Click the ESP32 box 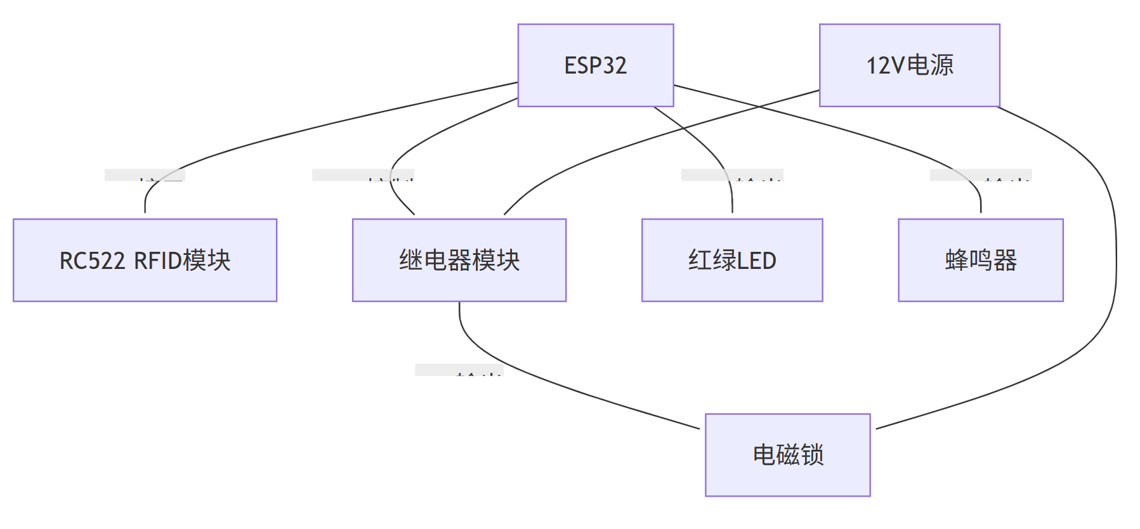pyautogui.click(x=595, y=65)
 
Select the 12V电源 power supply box pyautogui.click(x=909, y=65)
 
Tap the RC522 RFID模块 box pyautogui.click(x=145, y=260)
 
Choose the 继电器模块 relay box pyautogui.click(x=459, y=260)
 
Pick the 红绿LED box pyautogui.click(x=732, y=260)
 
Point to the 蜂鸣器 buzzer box pyautogui.click(x=980, y=260)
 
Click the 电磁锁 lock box pyautogui.click(x=787, y=455)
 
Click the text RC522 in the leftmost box pyautogui.click(x=92, y=261)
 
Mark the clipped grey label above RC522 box pyautogui.click(x=145, y=175)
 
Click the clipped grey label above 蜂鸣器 pyautogui.click(x=980, y=175)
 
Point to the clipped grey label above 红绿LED pyautogui.click(x=732, y=175)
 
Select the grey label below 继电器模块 pyautogui.click(x=459, y=370)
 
